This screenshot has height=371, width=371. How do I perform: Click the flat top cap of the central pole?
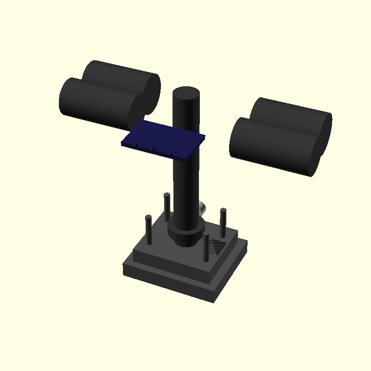click(x=186, y=92)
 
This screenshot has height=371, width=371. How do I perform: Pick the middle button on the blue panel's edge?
click(x=154, y=150)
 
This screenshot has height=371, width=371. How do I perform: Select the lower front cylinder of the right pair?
click(x=269, y=144)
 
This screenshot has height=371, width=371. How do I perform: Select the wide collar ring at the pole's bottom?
click(x=186, y=234)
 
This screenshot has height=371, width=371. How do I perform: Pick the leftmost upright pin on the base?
click(x=149, y=230)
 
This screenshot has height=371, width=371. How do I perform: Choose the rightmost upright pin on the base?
click(x=223, y=223)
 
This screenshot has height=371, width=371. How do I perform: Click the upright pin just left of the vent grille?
click(x=206, y=248)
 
